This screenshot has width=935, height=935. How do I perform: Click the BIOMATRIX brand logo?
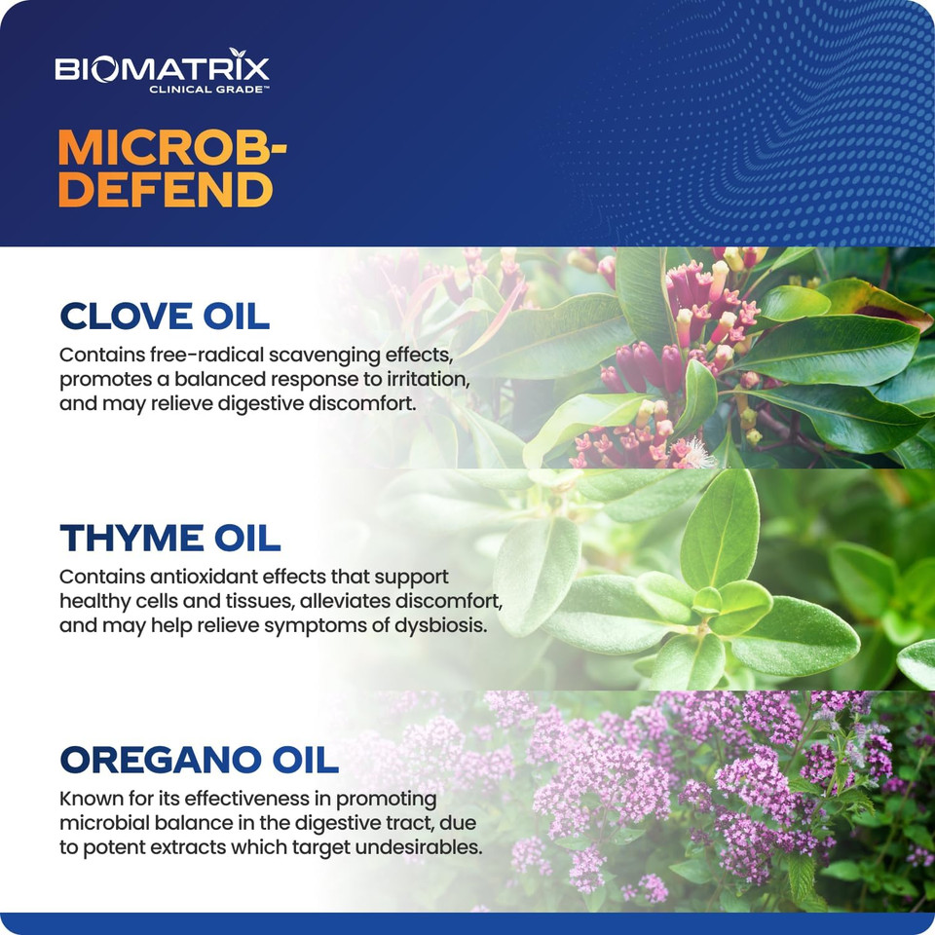pyautogui.click(x=162, y=69)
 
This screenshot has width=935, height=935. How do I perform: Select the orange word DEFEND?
pyautogui.click(x=165, y=189)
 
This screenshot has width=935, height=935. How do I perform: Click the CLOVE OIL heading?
pyautogui.click(x=164, y=317)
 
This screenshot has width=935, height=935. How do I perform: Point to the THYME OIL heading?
pyautogui.click(x=169, y=538)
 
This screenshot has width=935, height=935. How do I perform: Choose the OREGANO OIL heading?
pyautogui.click(x=199, y=759)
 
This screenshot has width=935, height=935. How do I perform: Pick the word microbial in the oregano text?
pyautogui.click(x=100, y=822)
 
